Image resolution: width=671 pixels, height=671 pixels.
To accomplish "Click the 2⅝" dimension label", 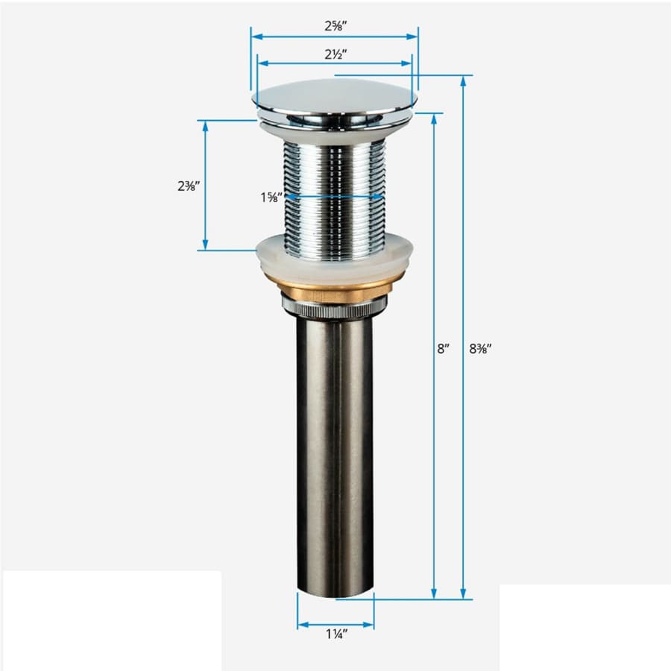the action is [335, 25].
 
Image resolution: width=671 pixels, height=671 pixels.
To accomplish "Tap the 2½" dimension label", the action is [335, 54].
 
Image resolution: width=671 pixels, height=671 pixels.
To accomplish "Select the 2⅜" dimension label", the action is [189, 186].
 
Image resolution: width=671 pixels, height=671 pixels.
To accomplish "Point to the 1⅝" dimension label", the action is [271, 198].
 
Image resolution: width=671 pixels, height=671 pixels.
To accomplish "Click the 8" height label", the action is [444, 349].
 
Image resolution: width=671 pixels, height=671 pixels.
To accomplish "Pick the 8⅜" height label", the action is [481, 349].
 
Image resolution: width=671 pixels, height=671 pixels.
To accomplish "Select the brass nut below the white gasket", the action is [328, 290].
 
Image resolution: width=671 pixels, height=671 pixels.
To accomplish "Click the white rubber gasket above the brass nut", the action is [334, 259].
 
